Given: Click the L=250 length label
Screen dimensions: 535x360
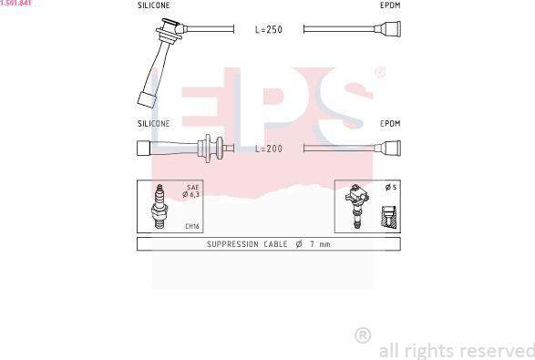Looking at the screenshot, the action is click(269, 30).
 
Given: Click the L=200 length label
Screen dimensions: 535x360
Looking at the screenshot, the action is click(269, 149).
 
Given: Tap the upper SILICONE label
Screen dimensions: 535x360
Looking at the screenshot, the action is click(153, 5).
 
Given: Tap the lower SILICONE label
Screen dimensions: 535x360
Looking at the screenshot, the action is click(153, 124).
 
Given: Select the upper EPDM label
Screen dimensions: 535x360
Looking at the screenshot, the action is click(390, 5).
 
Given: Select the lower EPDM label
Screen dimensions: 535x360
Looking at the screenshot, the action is click(390, 124).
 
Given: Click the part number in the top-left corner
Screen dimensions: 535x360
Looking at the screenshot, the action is click(15, 3).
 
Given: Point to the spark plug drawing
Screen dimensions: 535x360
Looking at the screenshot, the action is click(159, 206).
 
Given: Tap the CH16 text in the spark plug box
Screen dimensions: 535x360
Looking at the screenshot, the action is click(192, 226).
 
